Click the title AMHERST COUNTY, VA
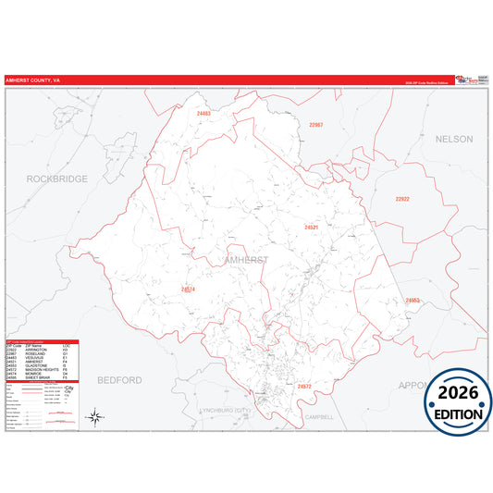(33, 80)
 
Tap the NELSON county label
(453, 139)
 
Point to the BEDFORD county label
(120, 379)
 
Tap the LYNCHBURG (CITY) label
(227, 410)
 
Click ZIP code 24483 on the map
(203, 114)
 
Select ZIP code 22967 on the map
(316, 124)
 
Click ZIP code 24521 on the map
(312, 227)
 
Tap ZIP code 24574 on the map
(188, 290)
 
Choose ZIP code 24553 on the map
(412, 300)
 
